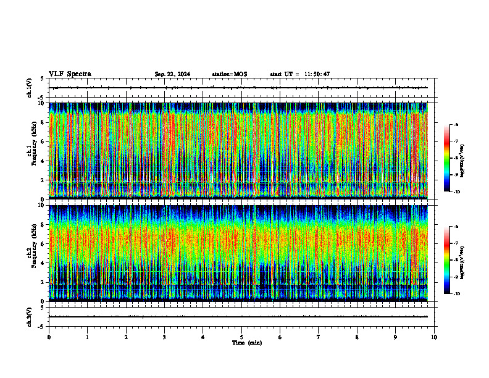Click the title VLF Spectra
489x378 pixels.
[70, 73]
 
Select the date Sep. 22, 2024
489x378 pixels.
[172, 74]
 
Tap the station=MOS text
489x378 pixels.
[229, 74]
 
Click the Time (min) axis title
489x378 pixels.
[246, 342]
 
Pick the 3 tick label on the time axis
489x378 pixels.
[164, 337]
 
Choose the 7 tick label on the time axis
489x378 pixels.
[319, 337]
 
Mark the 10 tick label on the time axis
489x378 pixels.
[434, 337]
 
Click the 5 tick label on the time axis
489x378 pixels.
[241, 337]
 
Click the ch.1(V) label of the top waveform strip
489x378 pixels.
[29, 88]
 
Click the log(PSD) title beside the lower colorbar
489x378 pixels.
[471, 260]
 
